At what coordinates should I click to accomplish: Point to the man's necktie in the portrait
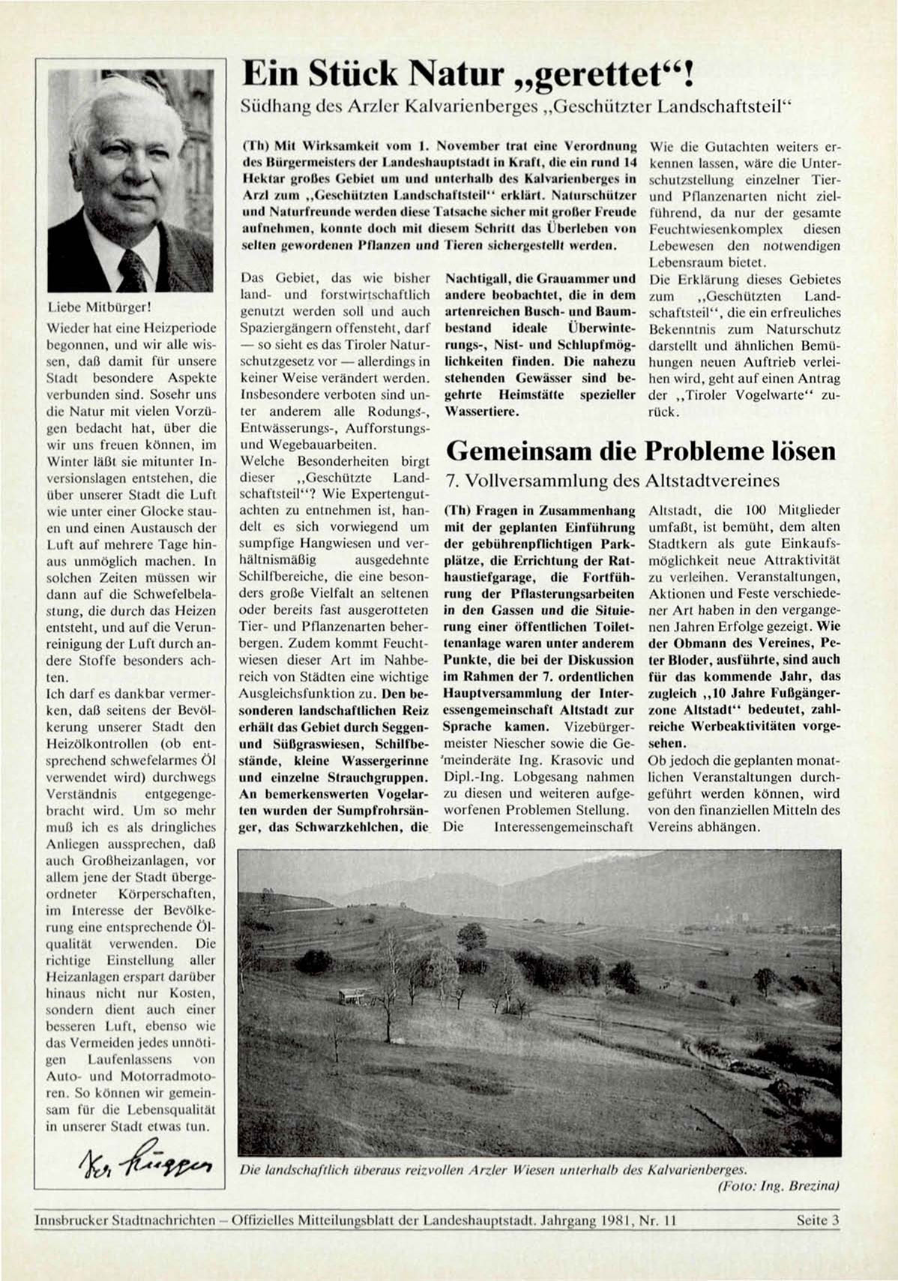pyautogui.click(x=133, y=270)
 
